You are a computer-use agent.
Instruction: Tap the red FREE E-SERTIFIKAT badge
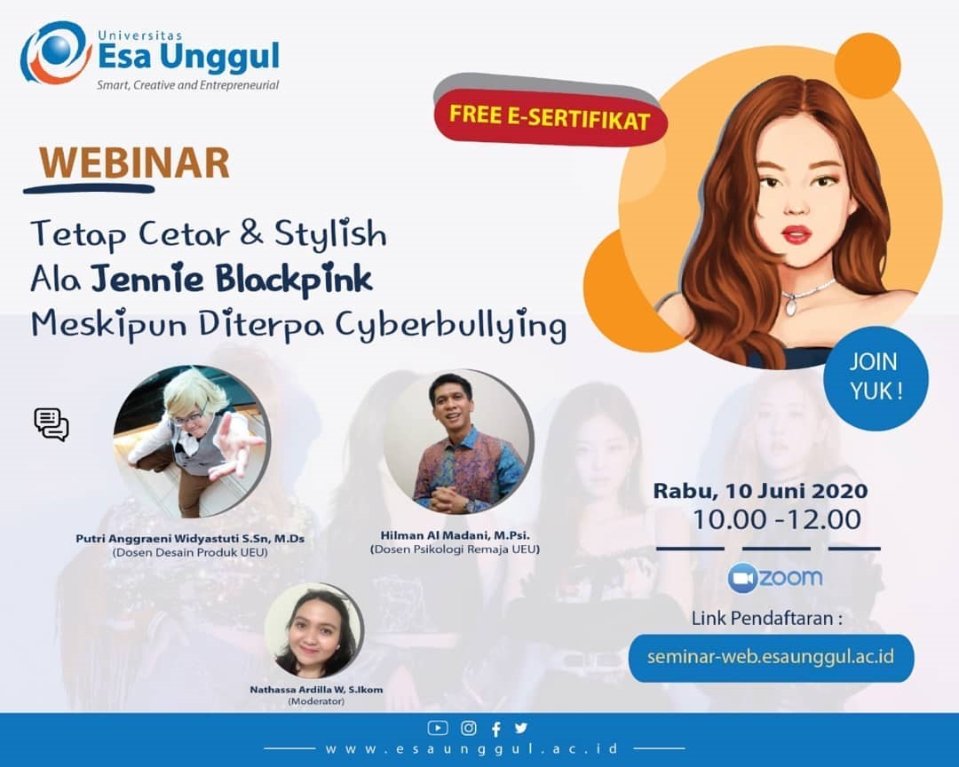tap(550, 117)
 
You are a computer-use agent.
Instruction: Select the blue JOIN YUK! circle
tap(876, 377)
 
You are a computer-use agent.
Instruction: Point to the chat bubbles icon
tap(52, 424)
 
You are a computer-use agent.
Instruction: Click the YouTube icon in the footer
tap(437, 728)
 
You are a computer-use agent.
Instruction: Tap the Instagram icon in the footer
tap(469, 728)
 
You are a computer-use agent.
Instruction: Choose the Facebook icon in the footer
tap(496, 729)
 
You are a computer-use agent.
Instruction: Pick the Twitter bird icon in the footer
tap(520, 727)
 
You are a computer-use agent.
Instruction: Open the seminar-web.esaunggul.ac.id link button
tap(771, 658)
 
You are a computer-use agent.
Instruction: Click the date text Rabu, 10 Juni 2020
tap(760, 491)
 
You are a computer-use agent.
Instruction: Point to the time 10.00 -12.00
tap(776, 519)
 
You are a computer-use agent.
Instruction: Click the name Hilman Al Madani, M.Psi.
tap(455, 535)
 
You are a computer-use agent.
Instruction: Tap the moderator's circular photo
tap(314, 630)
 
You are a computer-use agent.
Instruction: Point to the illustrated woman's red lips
tap(797, 234)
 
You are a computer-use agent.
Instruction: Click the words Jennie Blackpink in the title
tap(232, 279)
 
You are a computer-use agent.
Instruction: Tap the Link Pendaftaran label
tap(767, 619)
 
